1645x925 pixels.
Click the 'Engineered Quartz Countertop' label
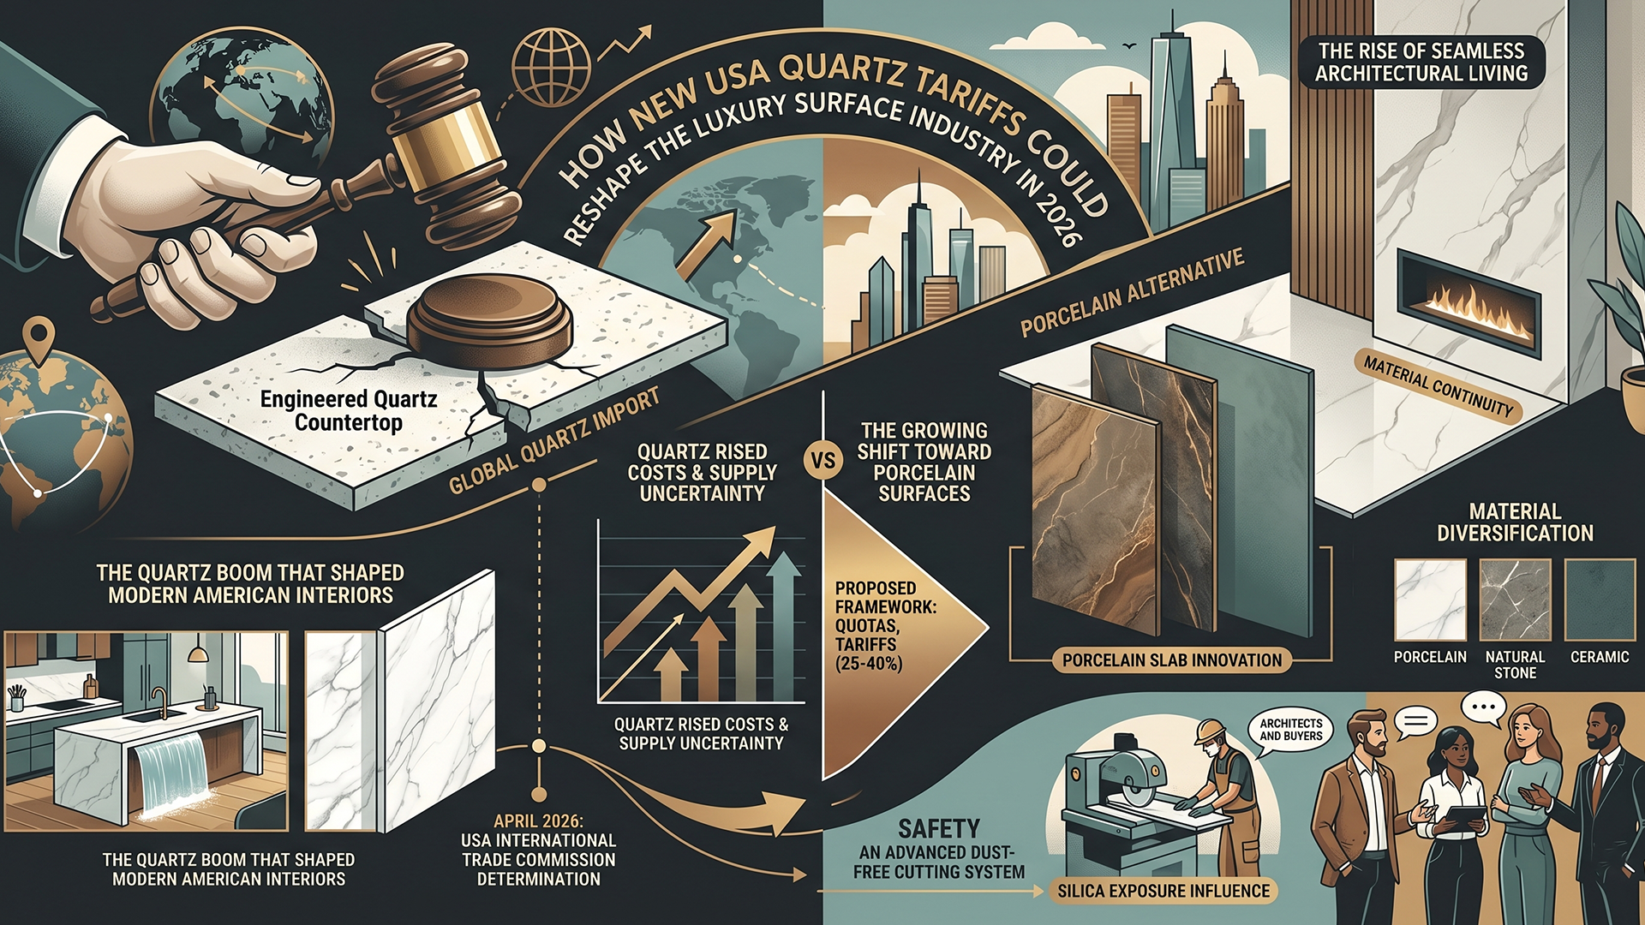click(349, 411)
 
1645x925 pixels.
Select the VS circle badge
click(822, 461)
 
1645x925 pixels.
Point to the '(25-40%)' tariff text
click(869, 663)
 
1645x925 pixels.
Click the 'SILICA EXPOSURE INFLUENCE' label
click(1163, 891)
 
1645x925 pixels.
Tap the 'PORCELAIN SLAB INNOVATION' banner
click(1171, 660)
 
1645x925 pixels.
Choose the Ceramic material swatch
click(1600, 600)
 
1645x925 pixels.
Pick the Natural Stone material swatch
click(1515, 600)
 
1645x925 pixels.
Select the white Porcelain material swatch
click(1430, 600)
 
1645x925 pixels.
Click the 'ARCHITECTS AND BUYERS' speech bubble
click(1290, 731)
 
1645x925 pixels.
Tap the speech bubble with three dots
click(1483, 708)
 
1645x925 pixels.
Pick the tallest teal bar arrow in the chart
click(784, 625)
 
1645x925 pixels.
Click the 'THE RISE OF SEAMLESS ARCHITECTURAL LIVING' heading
click(1421, 62)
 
